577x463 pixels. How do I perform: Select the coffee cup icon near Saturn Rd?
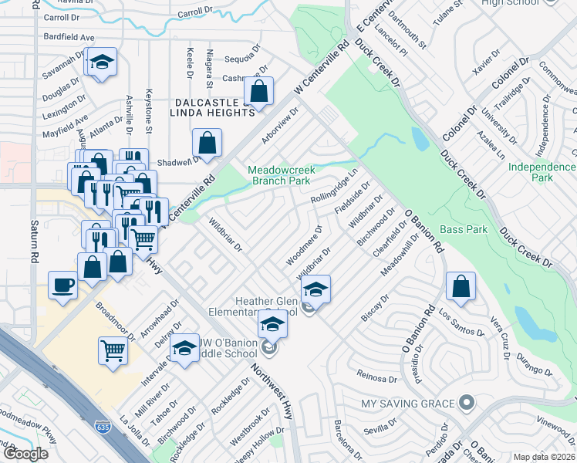pyautogui.click(x=62, y=284)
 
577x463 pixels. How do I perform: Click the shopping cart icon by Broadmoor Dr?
pyautogui.click(x=113, y=350)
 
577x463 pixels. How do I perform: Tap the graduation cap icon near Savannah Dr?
pyautogui.click(x=100, y=63)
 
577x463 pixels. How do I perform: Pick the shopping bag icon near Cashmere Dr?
pyautogui.click(x=260, y=90)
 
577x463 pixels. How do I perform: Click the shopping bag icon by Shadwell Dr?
pyautogui.click(x=208, y=142)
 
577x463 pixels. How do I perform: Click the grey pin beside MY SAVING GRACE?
pyautogui.click(x=466, y=403)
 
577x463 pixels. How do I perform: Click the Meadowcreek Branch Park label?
pyautogui.click(x=278, y=175)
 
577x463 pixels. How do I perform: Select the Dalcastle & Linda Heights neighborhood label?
pyautogui.click(x=204, y=107)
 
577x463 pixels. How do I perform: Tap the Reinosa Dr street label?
pyautogui.click(x=376, y=376)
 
